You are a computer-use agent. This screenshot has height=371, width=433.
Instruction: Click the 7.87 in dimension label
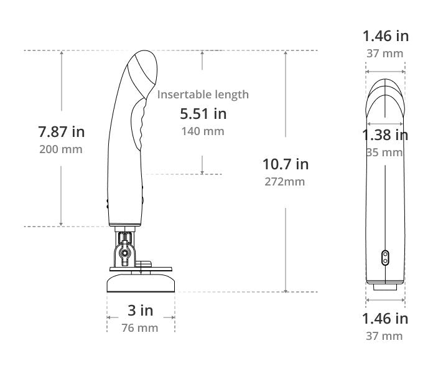pos(62,131)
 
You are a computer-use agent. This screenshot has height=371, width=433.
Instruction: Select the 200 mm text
pos(61,149)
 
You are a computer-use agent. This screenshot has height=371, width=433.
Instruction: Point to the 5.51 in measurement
pos(203,114)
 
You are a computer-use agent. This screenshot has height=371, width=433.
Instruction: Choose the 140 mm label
pos(203,131)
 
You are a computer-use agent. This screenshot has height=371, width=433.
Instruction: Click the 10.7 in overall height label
pos(286,164)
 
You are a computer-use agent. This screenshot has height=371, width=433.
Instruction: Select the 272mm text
pos(285,182)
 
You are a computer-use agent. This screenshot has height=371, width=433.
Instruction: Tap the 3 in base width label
pos(140,310)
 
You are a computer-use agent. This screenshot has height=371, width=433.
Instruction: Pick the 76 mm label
pos(140,328)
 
